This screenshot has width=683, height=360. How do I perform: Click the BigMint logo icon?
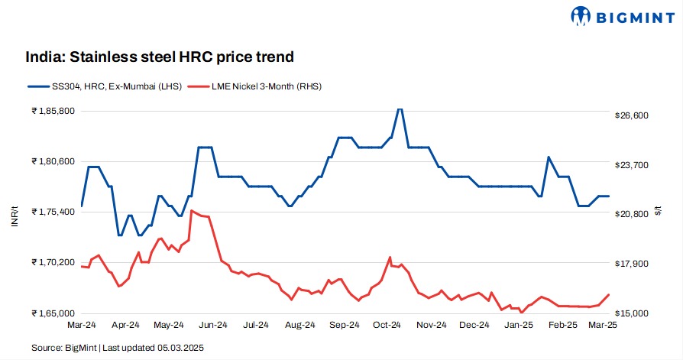[582, 15]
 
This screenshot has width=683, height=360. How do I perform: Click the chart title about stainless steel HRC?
[160, 57]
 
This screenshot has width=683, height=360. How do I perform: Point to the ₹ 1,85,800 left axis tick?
[53, 111]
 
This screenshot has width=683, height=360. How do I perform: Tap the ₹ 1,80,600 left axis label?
[53, 161]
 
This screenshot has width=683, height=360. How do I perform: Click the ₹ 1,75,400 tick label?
[53, 212]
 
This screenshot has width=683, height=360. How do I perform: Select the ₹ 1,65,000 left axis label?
[53, 313]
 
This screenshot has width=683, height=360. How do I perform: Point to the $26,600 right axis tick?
[631, 115]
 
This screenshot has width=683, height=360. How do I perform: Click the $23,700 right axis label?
[631, 165]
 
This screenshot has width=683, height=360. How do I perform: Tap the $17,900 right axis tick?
[631, 264]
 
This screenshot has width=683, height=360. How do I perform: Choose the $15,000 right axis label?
[631, 313]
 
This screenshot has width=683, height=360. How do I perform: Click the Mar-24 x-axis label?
[81, 326]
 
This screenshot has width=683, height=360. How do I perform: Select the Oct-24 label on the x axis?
[387, 326]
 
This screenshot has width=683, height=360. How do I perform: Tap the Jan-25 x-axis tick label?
[520, 326]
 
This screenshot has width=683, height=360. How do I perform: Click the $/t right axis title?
[659, 212]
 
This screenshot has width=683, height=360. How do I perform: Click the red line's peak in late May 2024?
[191, 211]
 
